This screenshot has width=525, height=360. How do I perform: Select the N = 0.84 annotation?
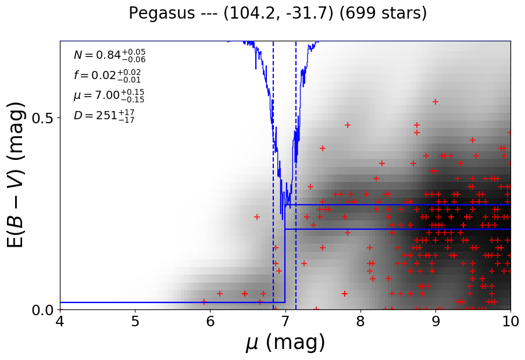(x=109, y=55)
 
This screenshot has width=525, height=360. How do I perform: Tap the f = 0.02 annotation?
(x=107, y=76)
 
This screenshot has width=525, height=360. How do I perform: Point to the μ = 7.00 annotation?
(x=109, y=95)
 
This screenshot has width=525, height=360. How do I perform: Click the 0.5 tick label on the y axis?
(x=42, y=118)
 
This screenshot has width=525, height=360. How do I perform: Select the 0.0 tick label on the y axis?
(x=42, y=310)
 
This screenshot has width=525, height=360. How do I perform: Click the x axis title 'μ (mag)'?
(x=285, y=343)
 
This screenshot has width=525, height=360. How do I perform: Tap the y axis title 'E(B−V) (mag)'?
(x=17, y=175)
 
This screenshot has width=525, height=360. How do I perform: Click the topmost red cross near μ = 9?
(x=435, y=102)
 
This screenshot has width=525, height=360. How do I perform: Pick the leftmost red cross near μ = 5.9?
(x=204, y=302)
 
